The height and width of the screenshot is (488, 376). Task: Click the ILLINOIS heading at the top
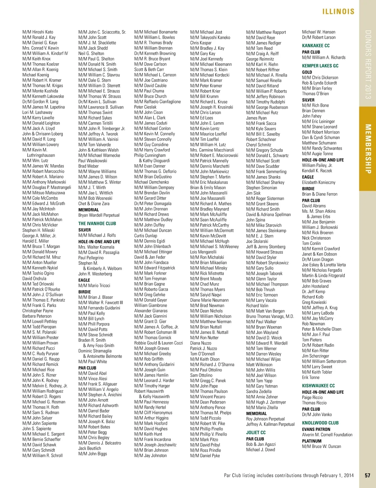(x=338, y=12)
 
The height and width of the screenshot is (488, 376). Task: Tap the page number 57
(x=368, y=475)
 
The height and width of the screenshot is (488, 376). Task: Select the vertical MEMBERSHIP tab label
(x=368, y=149)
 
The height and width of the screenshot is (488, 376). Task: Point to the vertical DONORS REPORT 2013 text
(x=368, y=65)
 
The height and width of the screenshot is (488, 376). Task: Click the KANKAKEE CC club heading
(x=316, y=46)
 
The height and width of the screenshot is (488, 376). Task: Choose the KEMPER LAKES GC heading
(x=320, y=66)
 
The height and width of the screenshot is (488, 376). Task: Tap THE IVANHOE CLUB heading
(x=97, y=223)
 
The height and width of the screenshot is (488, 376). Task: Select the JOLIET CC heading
(x=256, y=433)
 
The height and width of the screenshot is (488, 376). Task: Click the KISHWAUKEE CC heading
(x=318, y=386)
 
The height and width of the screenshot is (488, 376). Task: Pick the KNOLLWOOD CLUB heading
(x=320, y=423)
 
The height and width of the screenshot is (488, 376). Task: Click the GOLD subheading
(x=307, y=72)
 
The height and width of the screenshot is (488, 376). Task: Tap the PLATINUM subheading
(x=312, y=441)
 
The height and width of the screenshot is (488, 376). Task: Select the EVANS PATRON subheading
(x=316, y=429)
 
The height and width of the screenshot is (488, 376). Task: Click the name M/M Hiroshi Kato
(x=38, y=32)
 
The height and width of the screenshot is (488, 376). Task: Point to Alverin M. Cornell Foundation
(x=327, y=435)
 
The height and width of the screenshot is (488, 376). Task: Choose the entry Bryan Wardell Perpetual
(x=99, y=215)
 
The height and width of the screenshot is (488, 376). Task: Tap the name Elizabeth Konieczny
(x=319, y=182)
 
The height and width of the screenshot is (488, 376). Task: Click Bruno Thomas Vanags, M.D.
(x=270, y=316)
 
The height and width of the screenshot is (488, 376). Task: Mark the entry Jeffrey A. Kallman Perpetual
(x=270, y=424)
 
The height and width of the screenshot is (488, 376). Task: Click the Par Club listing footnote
(x=289, y=475)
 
